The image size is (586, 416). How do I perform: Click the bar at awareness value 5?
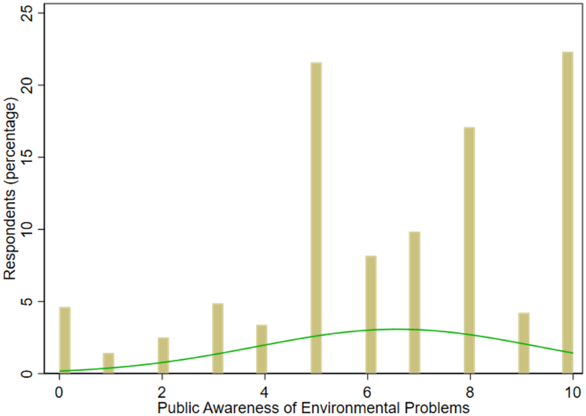point(316,217)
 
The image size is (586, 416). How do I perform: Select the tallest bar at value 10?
point(567,212)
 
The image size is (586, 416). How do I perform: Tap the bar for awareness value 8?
point(469,250)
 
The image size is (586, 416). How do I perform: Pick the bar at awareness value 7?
point(415,302)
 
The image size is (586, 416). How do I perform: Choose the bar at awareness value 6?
point(371,314)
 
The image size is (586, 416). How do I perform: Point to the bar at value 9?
point(523,343)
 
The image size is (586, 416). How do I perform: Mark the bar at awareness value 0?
point(65,340)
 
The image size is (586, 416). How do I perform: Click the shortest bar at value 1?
point(108,363)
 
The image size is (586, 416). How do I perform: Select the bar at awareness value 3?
point(218,338)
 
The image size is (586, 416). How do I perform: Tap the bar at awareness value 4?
point(262,349)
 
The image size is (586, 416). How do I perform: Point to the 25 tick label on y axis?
point(27,13)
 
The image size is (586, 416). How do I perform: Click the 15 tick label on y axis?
point(27,157)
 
